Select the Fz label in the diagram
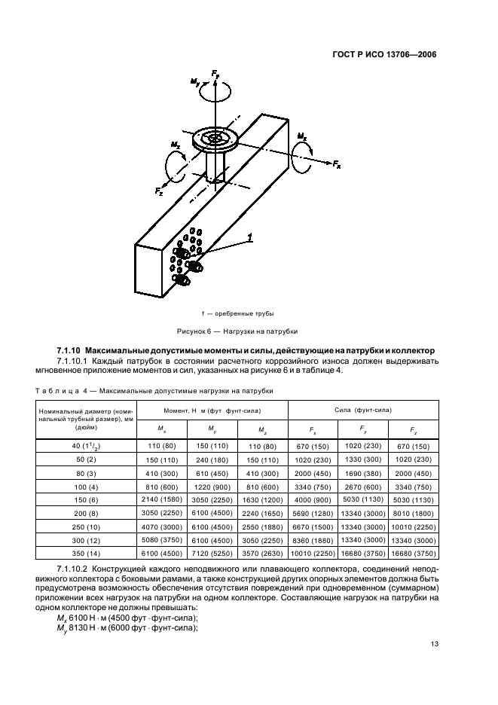coord(159,192)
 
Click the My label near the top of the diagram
coord(195,81)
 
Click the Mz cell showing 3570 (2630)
coord(262,551)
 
